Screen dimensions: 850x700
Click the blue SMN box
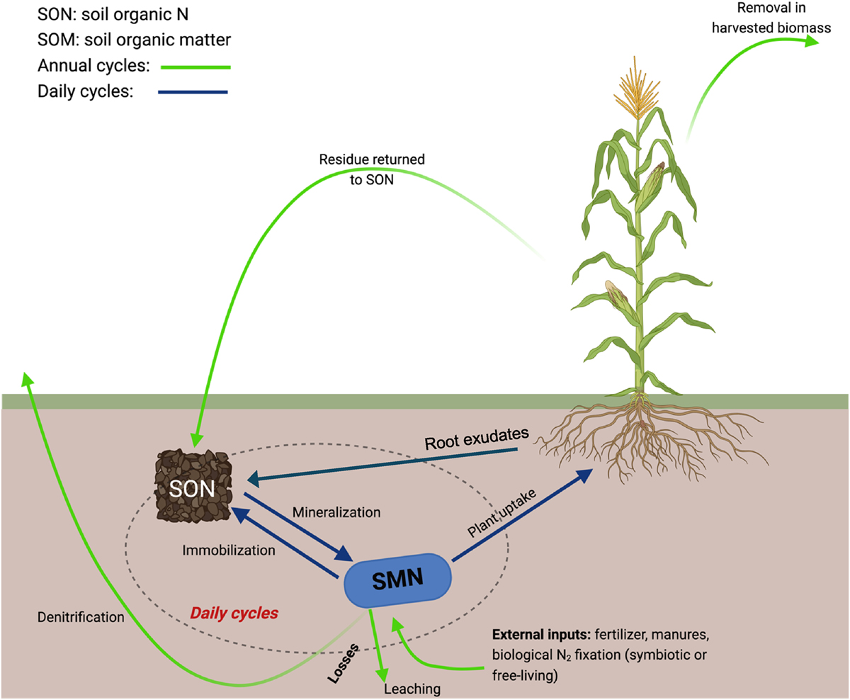[x=397, y=580]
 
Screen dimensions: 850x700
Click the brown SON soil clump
[x=193, y=486]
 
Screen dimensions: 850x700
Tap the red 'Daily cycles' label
[x=234, y=614]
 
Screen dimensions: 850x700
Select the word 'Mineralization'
[x=336, y=512]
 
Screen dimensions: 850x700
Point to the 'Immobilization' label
[x=229, y=550]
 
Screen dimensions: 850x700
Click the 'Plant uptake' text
[x=501, y=512]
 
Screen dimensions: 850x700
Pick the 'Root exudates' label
[x=477, y=439]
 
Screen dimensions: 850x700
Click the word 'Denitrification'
[x=81, y=617]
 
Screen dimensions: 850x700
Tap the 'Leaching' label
[x=412, y=689]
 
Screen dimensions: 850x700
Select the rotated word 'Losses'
[x=343, y=664]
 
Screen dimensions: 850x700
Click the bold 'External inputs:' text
[x=541, y=634]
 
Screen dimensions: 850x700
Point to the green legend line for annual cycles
[x=195, y=67]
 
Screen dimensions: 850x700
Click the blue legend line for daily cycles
[x=193, y=92]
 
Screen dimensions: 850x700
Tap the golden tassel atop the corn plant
[x=637, y=89]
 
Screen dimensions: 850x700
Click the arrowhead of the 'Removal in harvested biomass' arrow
[x=811, y=40]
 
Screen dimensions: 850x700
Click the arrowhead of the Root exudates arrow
[x=254, y=480]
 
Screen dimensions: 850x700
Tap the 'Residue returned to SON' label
[x=372, y=169]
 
